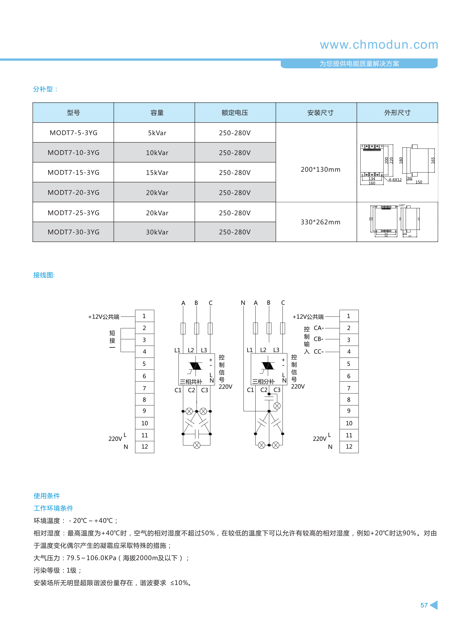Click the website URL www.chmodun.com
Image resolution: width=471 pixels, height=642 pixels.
pyautogui.click(x=379, y=45)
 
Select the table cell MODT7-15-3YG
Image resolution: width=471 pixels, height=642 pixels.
pyautogui.click(x=74, y=173)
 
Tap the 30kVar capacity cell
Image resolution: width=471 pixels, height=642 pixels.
pyautogui.click(x=157, y=232)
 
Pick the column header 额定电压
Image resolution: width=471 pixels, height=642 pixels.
pyautogui.click(x=235, y=113)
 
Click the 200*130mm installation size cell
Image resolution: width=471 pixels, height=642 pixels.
pyautogui.click(x=321, y=169)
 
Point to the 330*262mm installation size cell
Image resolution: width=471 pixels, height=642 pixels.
pyautogui.click(x=321, y=222)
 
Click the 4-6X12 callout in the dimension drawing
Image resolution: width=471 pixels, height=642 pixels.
pyautogui.click(x=395, y=180)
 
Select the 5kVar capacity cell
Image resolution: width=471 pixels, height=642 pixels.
pyautogui.click(x=157, y=133)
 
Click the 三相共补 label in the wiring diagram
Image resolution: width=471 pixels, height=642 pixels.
pyautogui.click(x=191, y=382)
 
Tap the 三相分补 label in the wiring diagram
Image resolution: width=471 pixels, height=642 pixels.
pyautogui.click(x=263, y=382)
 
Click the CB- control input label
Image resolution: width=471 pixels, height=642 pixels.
pyautogui.click(x=318, y=339)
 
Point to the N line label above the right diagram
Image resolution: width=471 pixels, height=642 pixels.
pyautogui.click(x=243, y=303)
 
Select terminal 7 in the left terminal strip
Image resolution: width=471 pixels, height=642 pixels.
pyautogui.click(x=144, y=388)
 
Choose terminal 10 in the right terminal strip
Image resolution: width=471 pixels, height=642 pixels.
pyautogui.click(x=349, y=423)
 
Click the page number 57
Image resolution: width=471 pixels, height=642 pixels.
pyautogui.click(x=424, y=605)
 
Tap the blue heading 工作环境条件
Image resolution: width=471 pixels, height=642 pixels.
pyautogui.click(x=53, y=508)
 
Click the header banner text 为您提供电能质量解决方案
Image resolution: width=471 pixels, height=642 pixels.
pyautogui.click(x=359, y=64)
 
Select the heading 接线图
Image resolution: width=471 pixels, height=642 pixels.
pyautogui.click(x=44, y=275)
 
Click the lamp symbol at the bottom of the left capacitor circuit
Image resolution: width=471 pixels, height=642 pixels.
pyautogui.click(x=197, y=445)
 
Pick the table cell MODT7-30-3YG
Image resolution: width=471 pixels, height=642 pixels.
pyautogui.click(x=74, y=232)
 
